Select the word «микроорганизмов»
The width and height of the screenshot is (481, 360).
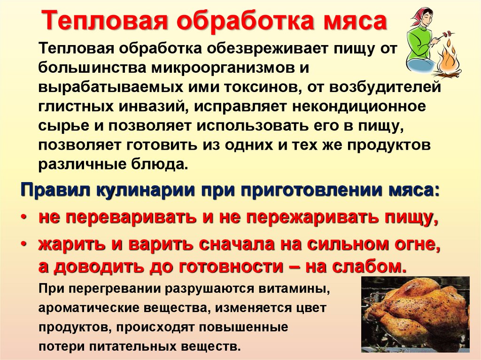pyautogui.click(x=219, y=68)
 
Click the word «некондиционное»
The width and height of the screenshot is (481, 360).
pyautogui.click(x=359, y=107)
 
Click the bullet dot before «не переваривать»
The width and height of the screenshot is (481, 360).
pyautogui.click(x=24, y=217)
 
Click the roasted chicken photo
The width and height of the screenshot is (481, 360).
pyautogui.click(x=415, y=314)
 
